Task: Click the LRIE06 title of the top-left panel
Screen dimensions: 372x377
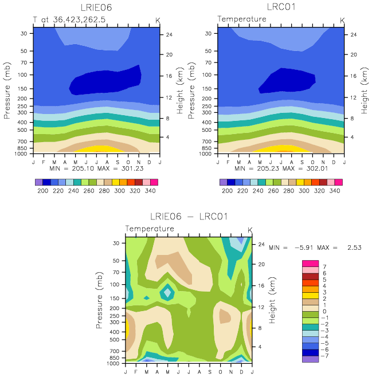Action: click(96, 7)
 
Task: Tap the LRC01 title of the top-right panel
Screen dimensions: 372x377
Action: click(281, 7)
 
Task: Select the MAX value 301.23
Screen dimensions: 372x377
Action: click(132, 168)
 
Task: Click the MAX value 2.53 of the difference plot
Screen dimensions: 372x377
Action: click(354, 248)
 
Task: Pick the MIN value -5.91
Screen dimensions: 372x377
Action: click(304, 248)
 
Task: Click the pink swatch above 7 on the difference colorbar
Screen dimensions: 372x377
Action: click(311, 264)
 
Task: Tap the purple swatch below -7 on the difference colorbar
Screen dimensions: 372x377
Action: click(311, 359)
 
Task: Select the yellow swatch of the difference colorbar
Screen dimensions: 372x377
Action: click(311, 296)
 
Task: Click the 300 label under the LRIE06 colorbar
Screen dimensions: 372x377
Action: click(120, 191)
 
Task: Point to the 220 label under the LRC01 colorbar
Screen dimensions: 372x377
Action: click(242, 191)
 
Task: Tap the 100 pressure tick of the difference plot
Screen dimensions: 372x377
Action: click(115, 284)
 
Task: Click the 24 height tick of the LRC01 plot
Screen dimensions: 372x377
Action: click(354, 34)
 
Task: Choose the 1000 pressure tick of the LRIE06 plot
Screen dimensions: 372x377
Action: click(21, 154)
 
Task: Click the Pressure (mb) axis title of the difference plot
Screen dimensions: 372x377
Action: click(99, 300)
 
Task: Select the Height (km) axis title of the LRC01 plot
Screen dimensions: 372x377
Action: click(365, 91)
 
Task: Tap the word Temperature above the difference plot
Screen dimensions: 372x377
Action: click(150, 229)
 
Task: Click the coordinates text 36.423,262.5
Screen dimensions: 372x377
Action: click(79, 19)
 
